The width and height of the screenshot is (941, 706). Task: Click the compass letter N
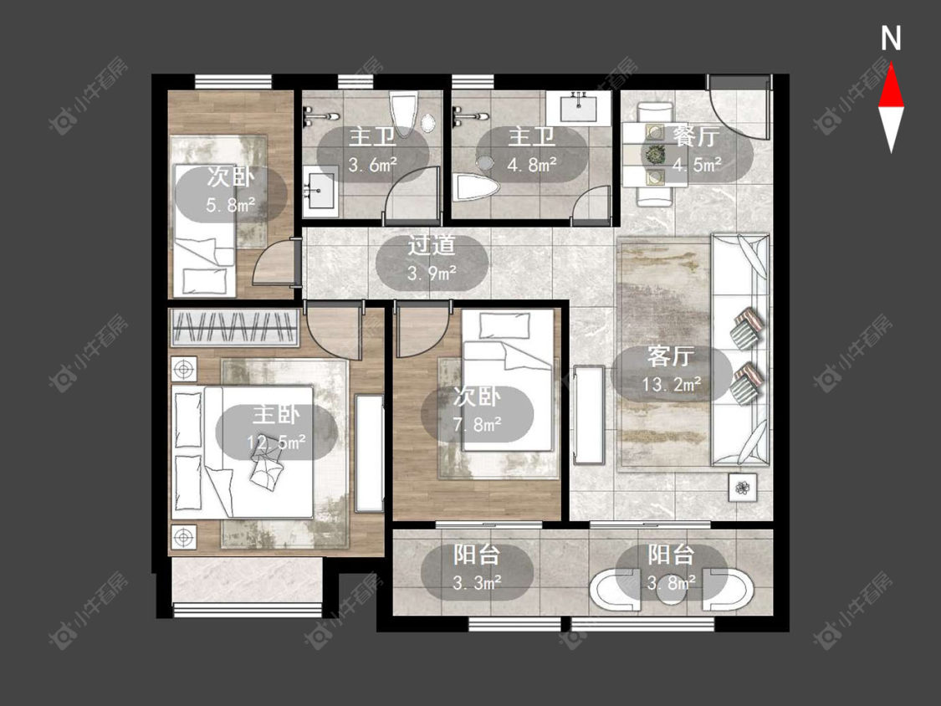click(891, 38)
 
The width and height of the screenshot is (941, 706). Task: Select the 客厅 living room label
click(671, 356)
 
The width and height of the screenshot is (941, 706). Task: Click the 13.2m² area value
click(672, 384)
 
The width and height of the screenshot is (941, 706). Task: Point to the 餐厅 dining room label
click(696, 137)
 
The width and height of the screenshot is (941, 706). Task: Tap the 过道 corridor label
click(432, 245)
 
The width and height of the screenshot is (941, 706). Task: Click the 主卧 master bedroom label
click(276, 415)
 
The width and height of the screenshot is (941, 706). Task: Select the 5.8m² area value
click(231, 205)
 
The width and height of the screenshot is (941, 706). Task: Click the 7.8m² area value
click(477, 424)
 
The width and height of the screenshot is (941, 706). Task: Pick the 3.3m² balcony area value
click(477, 582)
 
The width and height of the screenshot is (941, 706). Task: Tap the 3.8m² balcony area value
click(672, 581)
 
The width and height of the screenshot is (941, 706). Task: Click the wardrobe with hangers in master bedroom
click(235, 328)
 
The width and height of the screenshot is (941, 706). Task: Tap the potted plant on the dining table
click(653, 155)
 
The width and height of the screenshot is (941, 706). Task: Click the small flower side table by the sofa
click(743, 487)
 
